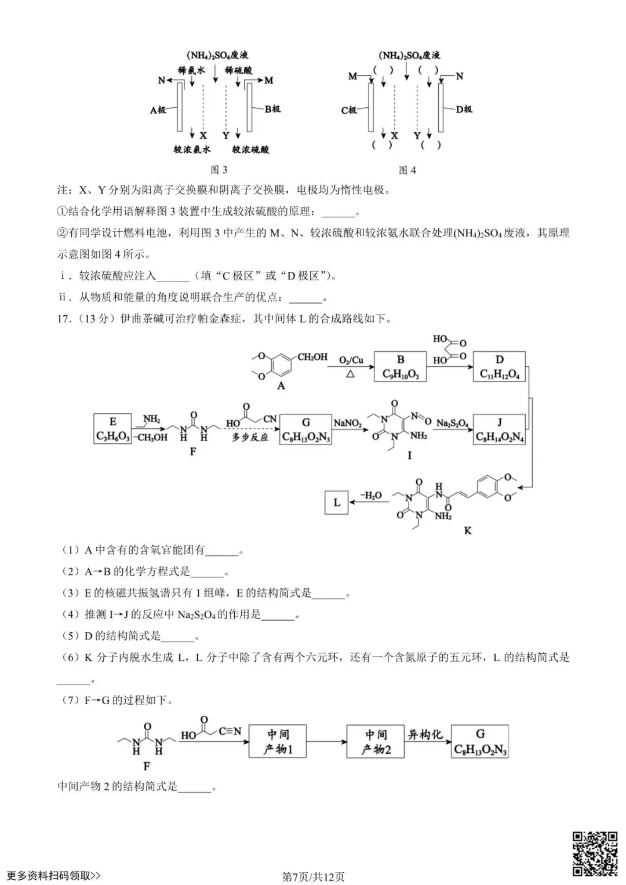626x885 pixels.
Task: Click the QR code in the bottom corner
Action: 595,853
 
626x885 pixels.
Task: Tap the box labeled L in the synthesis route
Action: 336,502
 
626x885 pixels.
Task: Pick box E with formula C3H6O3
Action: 112,429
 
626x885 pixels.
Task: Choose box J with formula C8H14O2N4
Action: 499,429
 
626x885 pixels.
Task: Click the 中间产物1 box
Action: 278,741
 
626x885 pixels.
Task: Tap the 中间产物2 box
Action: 376,741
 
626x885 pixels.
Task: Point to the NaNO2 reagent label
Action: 348,423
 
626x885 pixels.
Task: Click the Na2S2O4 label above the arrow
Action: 452,424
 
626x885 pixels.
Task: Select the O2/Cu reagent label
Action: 351,360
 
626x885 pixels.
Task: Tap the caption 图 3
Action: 219,170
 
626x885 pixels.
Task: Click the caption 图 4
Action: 407,170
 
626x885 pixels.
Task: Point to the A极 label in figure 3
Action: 158,110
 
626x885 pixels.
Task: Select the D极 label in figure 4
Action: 464,109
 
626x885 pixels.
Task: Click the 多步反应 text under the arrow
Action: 250,438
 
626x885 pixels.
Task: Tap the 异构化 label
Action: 425,734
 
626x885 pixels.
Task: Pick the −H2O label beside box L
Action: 371,496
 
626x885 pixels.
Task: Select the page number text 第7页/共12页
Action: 313,877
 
